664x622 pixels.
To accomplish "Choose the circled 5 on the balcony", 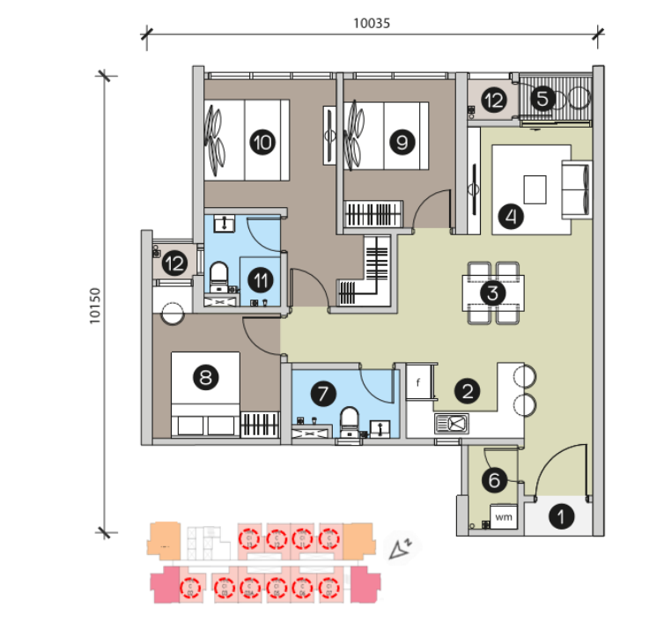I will pyautogui.click(x=542, y=99).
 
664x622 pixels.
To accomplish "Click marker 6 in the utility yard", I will pyautogui.click(x=494, y=480).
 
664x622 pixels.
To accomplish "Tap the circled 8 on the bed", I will pyautogui.click(x=206, y=379).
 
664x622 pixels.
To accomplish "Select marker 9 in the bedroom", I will pyautogui.click(x=402, y=142).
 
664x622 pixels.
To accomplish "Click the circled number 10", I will pyautogui.click(x=261, y=142).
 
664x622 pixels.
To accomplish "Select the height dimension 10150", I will pyautogui.click(x=95, y=304).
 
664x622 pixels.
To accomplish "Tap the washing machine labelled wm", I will pyautogui.click(x=505, y=516).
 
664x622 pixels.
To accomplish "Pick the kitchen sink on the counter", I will pyautogui.click(x=452, y=424).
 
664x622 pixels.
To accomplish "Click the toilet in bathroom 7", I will pyautogui.click(x=349, y=422).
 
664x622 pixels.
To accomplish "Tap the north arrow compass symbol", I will pyautogui.click(x=402, y=548).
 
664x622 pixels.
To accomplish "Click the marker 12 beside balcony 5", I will pyautogui.click(x=492, y=100).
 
